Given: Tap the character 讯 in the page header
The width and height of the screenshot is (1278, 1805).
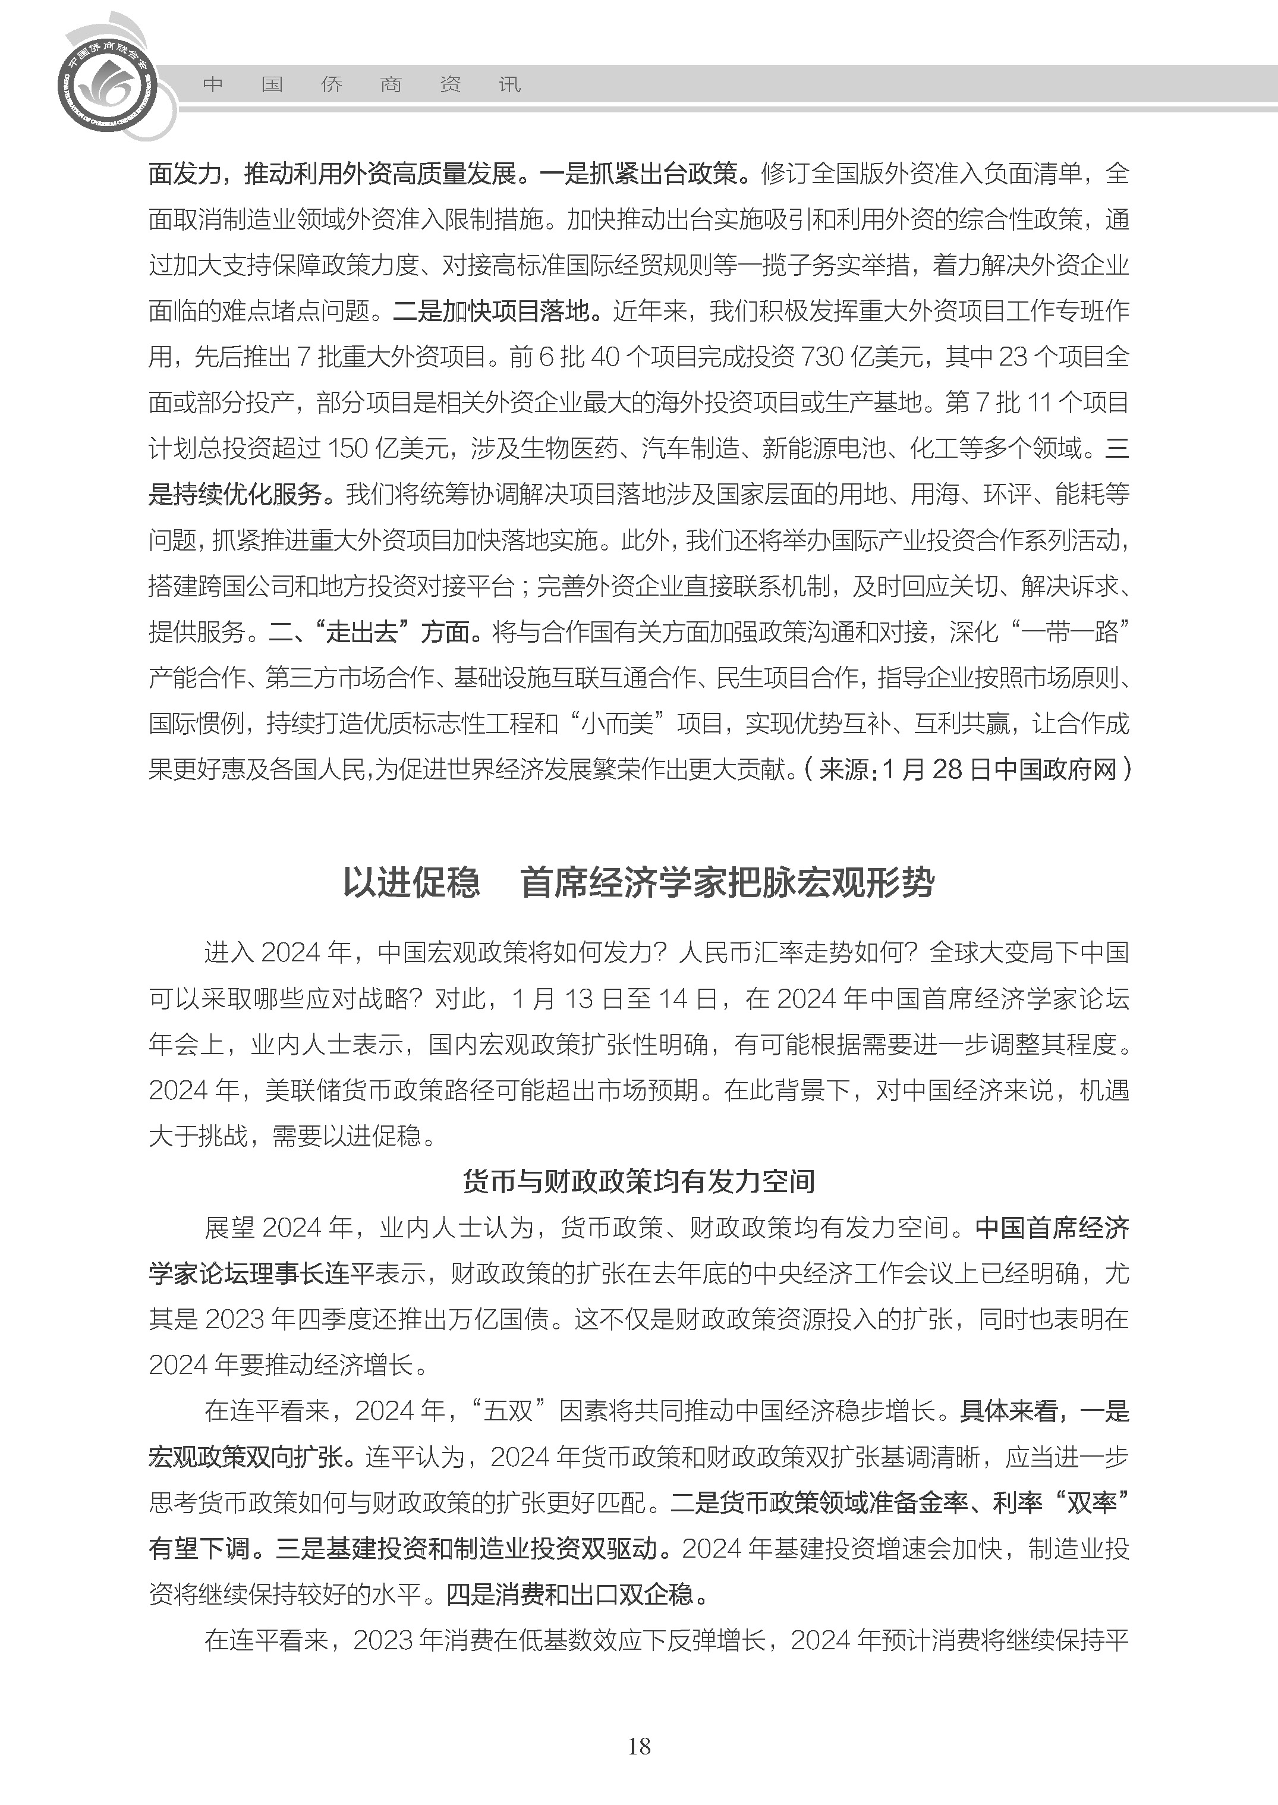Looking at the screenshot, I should point(510,84).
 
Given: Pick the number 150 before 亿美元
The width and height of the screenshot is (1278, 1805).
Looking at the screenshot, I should point(348,449).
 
